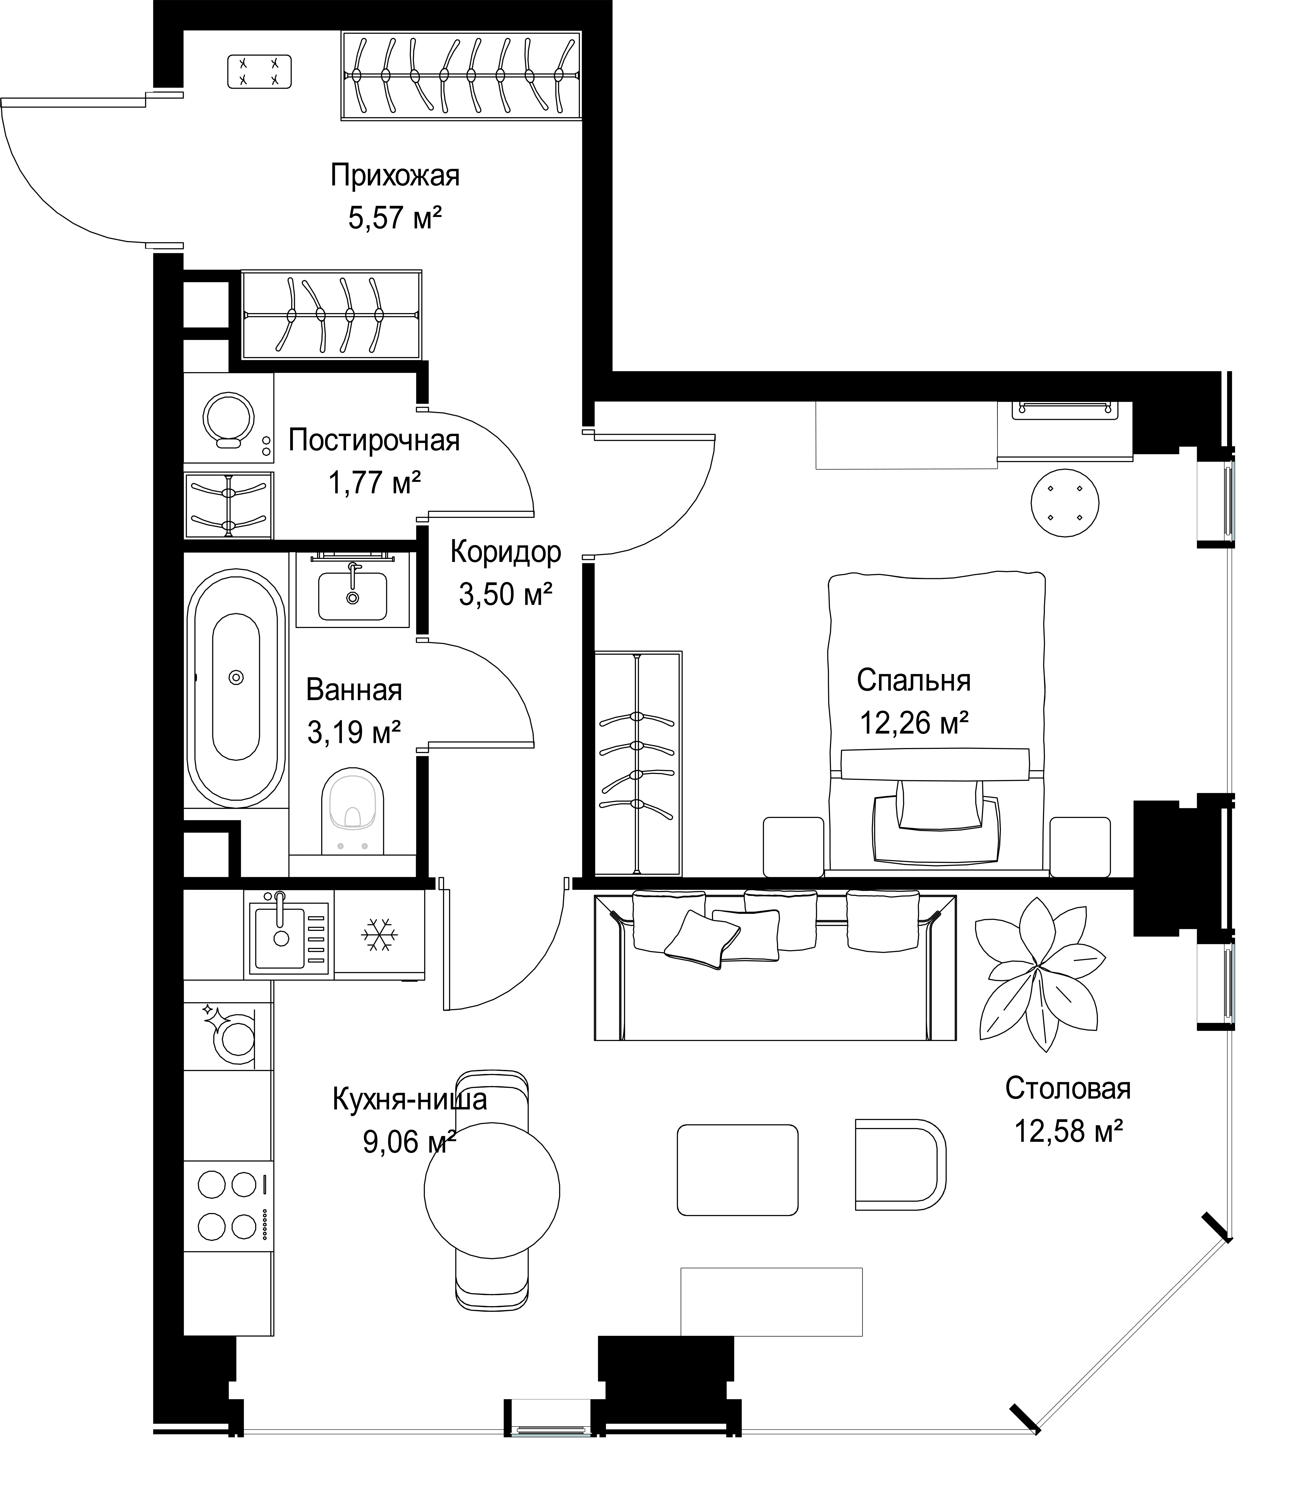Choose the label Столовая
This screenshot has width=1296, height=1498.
click(1067, 1108)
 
